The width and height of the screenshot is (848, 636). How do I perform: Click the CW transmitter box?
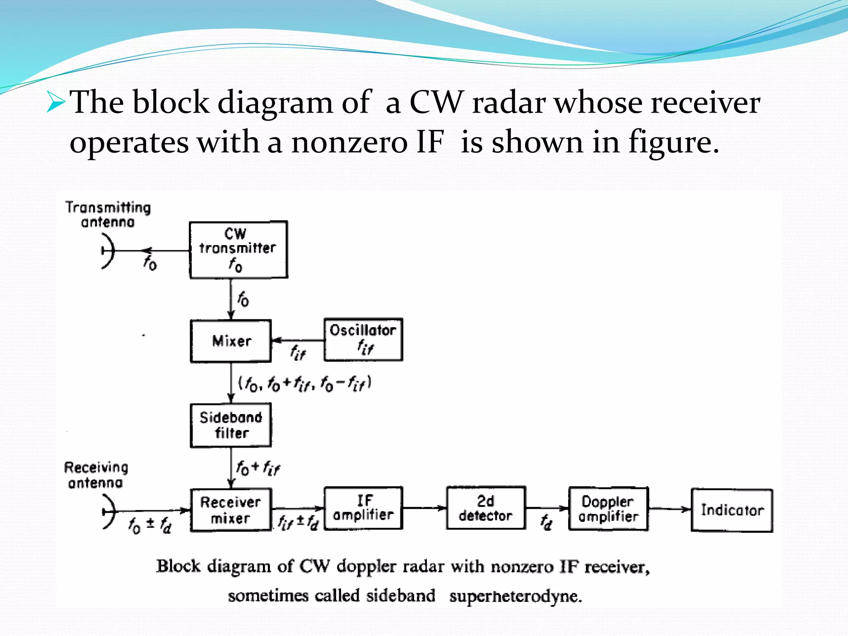[x=238, y=250]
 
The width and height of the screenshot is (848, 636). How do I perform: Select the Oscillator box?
[x=363, y=340]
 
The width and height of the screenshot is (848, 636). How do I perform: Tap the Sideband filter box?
[x=231, y=425]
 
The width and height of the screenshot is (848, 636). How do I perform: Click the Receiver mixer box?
[x=231, y=510]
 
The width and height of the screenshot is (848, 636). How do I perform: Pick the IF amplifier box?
[x=363, y=508]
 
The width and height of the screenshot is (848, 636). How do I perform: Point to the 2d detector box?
[x=486, y=508]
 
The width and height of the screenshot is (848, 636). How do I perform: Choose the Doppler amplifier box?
[x=608, y=509]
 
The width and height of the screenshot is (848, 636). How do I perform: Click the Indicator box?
[x=732, y=510]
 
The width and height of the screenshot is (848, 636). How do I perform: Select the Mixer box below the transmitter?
[x=231, y=341]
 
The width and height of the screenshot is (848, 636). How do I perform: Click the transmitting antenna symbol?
[x=108, y=251]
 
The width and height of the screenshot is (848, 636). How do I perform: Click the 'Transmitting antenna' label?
[x=108, y=214]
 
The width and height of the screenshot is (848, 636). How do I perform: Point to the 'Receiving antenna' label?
[x=96, y=475]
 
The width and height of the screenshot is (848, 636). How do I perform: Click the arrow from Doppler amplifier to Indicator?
[x=670, y=509]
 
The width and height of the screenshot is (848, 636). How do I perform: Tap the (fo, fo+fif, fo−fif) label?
[x=305, y=383]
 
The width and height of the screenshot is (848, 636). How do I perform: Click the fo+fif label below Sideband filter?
[x=258, y=468]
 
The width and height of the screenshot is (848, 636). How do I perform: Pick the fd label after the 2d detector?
[x=547, y=523]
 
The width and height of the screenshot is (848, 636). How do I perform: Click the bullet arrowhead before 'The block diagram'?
[x=55, y=103]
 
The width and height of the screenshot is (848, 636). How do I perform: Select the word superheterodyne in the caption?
[x=516, y=596]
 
